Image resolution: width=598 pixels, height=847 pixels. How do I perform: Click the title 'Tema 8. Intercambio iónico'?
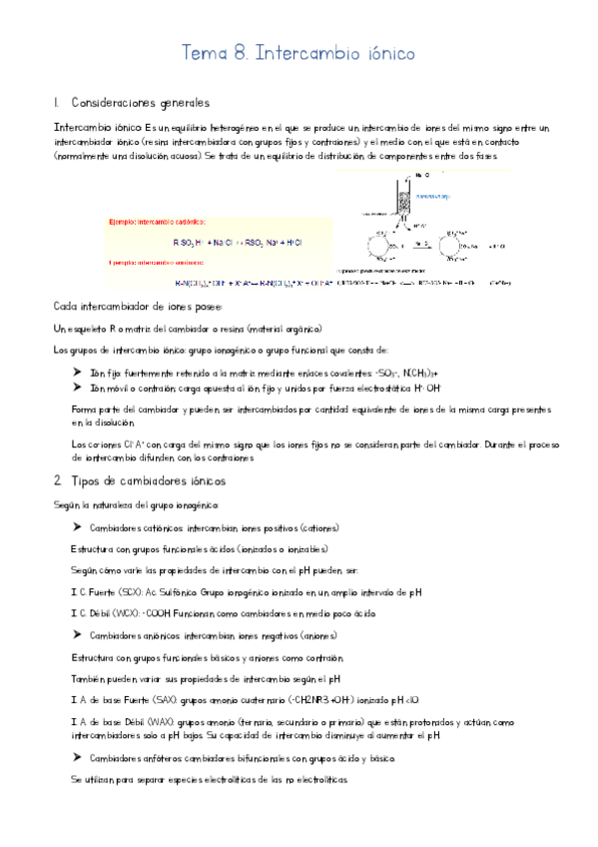point(299,52)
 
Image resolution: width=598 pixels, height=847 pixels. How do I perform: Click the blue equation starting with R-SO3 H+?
point(231,243)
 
